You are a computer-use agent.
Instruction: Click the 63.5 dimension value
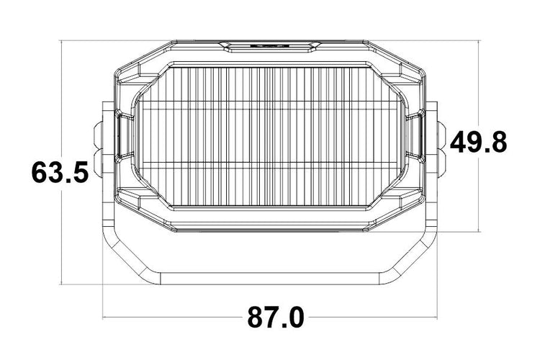60,173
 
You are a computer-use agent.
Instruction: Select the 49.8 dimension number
478,143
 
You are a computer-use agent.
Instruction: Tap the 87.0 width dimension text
275,317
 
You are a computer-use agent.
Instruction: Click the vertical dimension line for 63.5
63,108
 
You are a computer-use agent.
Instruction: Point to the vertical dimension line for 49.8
479,86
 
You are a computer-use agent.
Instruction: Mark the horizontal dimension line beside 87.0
180,317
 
